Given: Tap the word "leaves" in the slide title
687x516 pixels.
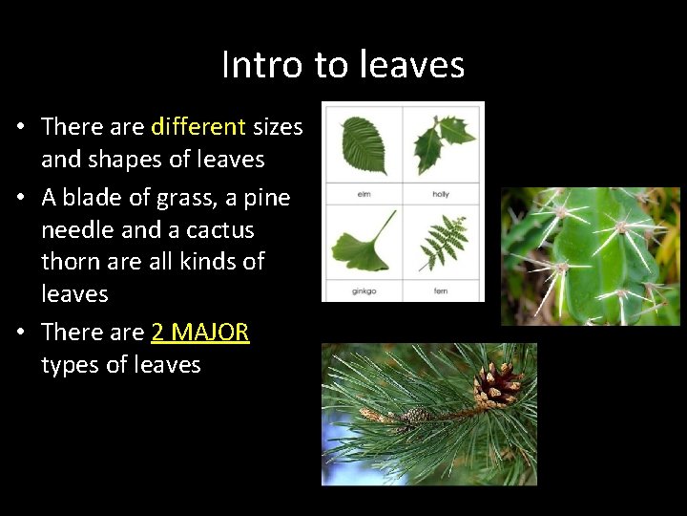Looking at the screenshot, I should [414, 65].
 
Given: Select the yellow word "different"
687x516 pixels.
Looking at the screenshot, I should [198, 126].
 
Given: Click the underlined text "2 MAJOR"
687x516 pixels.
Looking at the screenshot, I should [200, 333].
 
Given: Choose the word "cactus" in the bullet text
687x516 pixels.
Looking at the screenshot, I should [221, 230].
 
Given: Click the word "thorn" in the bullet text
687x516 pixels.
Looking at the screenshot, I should [73, 262].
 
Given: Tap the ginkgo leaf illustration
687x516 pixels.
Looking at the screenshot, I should [363, 242].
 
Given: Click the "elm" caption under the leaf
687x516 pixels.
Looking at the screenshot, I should [363, 194].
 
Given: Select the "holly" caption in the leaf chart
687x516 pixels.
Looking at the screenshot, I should [441, 194].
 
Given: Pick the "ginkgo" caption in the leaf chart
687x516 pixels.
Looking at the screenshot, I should [363, 290].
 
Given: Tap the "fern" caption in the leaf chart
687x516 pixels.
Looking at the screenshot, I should [441, 290].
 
